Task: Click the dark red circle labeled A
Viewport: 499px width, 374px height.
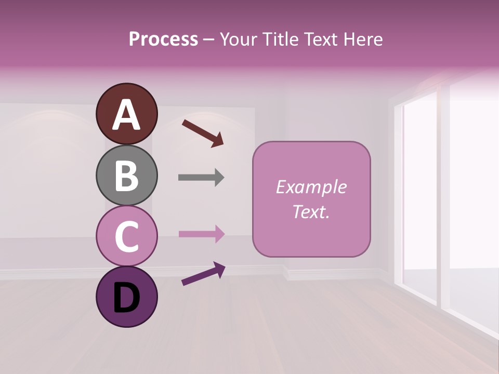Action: pyautogui.click(x=126, y=114)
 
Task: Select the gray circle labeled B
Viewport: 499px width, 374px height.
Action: pyautogui.click(x=126, y=175)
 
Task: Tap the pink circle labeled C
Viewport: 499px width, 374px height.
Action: pyautogui.click(x=126, y=236)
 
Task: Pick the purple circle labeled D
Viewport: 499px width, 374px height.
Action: pyautogui.click(x=126, y=297)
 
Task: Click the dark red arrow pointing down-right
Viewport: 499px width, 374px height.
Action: pyautogui.click(x=203, y=133)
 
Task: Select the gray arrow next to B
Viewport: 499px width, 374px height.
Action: pyautogui.click(x=201, y=178)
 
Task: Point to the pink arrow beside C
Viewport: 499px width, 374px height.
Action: pyautogui.click(x=201, y=234)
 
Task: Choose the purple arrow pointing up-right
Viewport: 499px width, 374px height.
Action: pyautogui.click(x=203, y=273)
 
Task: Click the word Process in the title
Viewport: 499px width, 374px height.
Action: pyautogui.click(x=163, y=39)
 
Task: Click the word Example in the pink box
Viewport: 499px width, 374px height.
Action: pyautogui.click(x=311, y=187)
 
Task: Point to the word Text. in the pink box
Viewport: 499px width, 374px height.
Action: pyautogui.click(x=311, y=211)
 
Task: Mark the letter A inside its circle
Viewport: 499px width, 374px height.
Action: pyautogui.click(x=126, y=115)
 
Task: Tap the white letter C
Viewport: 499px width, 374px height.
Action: pyautogui.click(x=126, y=236)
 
